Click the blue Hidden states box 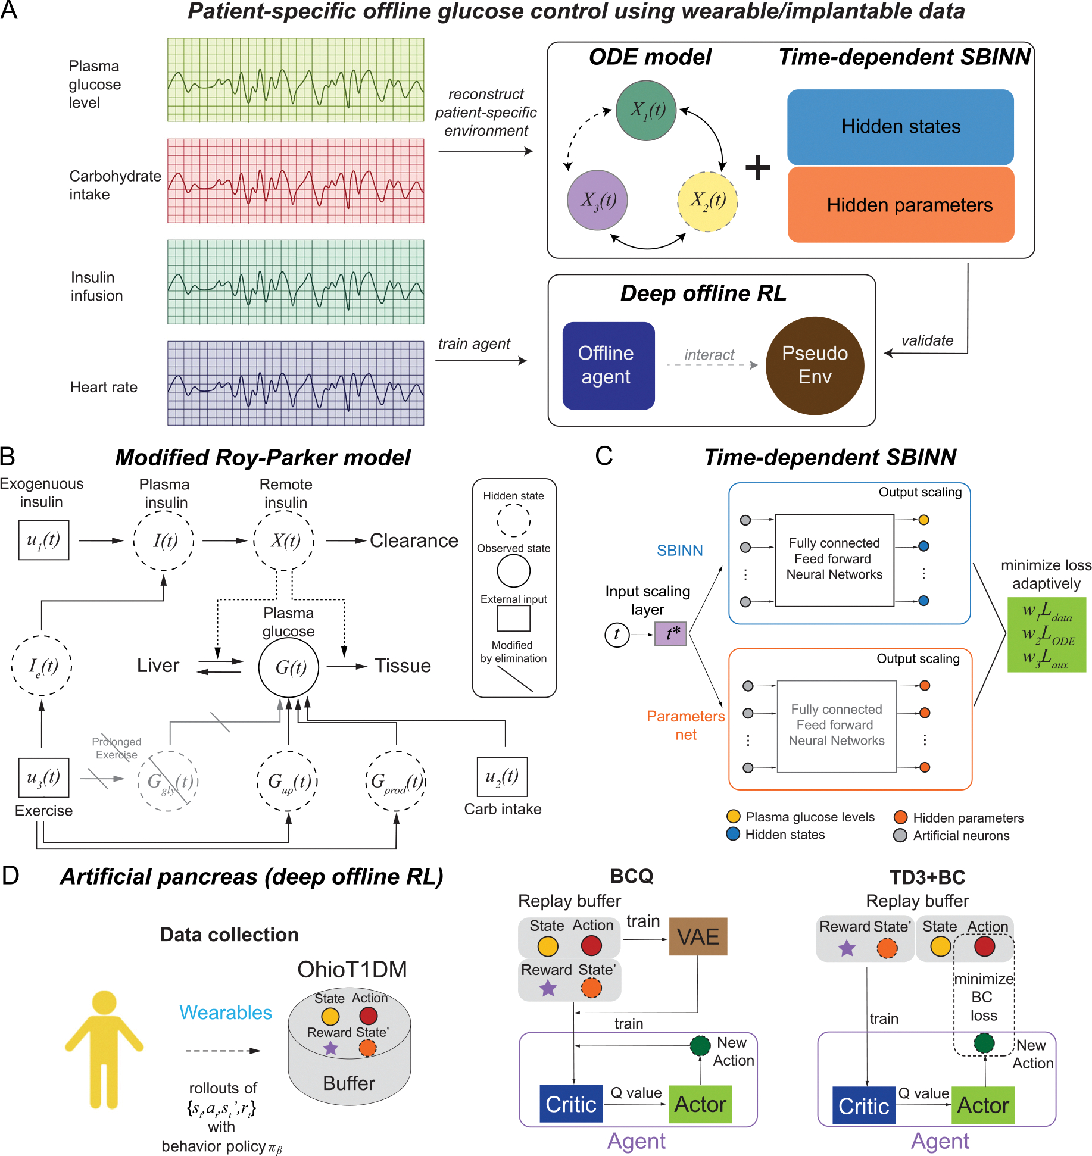[900, 127]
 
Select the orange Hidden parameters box [901, 205]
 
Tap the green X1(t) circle [646, 111]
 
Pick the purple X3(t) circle [597, 200]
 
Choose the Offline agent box [609, 365]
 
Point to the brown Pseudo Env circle [815, 365]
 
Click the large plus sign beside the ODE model [758, 167]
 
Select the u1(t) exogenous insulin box [43, 540]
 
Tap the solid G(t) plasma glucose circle [289, 667]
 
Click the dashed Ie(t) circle [42, 666]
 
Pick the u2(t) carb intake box [502, 777]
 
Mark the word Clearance [414, 540]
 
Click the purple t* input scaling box [670, 634]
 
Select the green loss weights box [1047, 635]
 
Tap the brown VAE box [698, 936]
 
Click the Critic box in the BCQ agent [571, 1104]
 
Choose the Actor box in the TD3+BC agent [982, 1105]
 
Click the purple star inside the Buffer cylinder [330, 1048]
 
